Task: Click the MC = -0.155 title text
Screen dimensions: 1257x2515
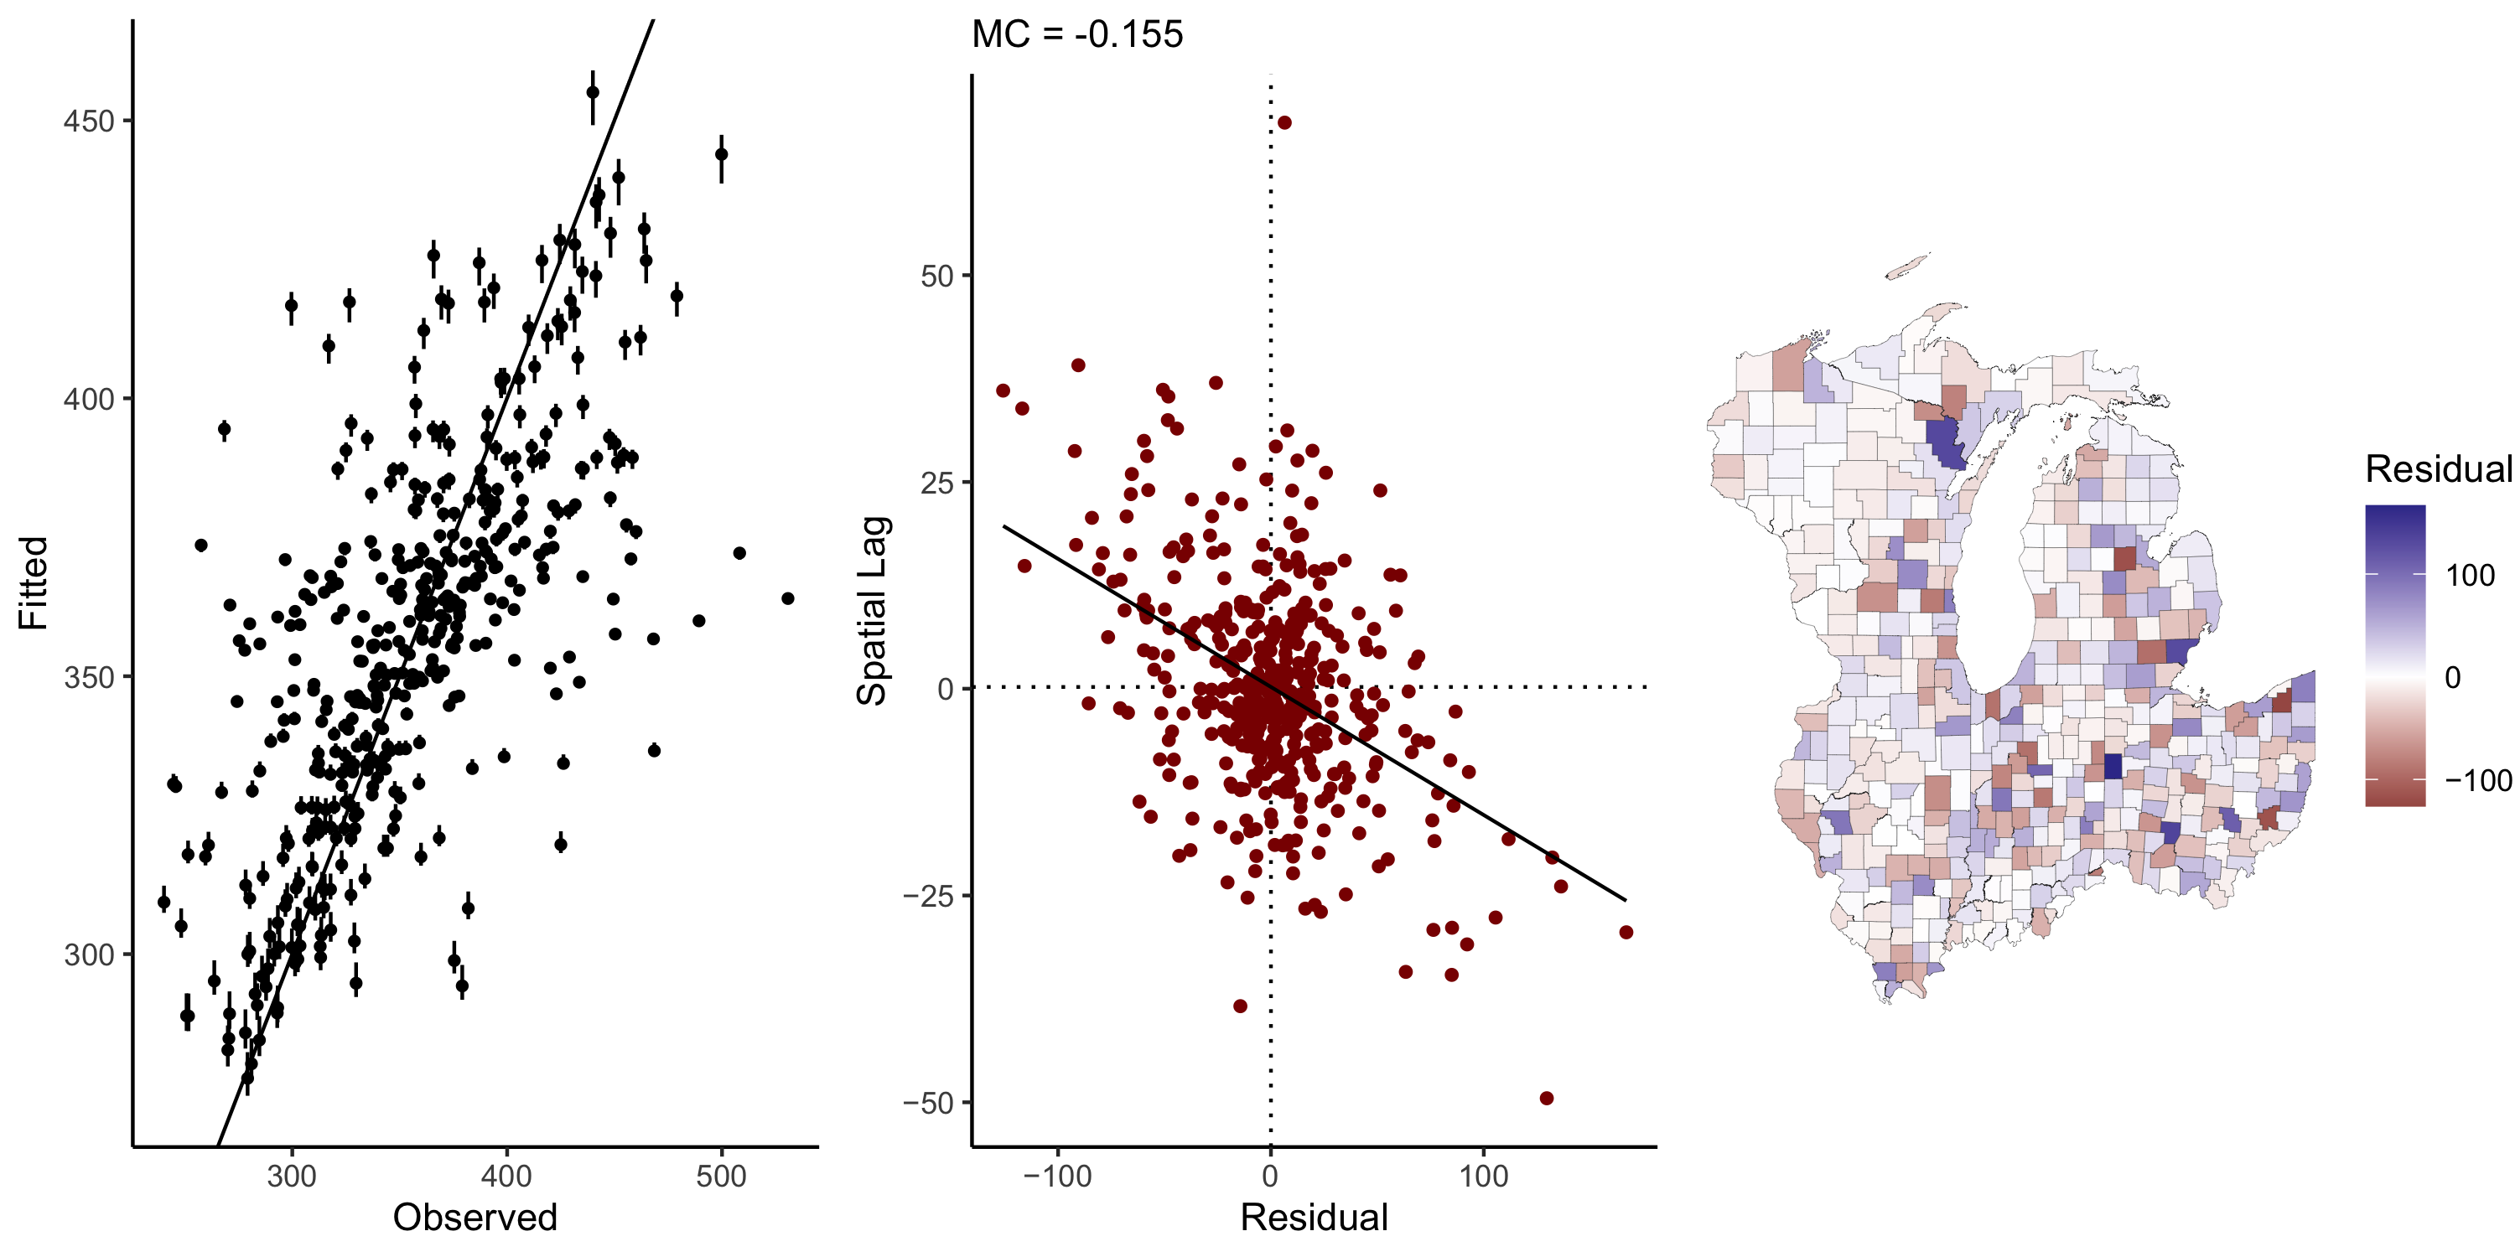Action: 1077,35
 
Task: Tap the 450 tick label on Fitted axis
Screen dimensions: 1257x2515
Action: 89,121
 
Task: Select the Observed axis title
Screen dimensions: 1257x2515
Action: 474,1218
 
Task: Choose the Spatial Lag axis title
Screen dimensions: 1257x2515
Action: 871,610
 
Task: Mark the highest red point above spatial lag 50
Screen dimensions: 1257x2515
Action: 1285,123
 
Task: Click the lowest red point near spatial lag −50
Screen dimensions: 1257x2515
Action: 1547,1098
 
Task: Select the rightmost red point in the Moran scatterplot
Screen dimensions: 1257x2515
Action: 1626,932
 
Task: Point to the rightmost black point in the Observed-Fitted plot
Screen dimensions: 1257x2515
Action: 788,598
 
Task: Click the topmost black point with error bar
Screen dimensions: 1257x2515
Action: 593,93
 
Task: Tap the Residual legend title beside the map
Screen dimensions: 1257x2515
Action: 2438,469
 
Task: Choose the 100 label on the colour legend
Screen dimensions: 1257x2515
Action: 2470,576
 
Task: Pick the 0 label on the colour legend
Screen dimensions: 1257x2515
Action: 2452,677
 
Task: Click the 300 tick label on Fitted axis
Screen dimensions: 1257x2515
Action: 89,954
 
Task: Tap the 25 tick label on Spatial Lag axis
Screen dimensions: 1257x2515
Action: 936,482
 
